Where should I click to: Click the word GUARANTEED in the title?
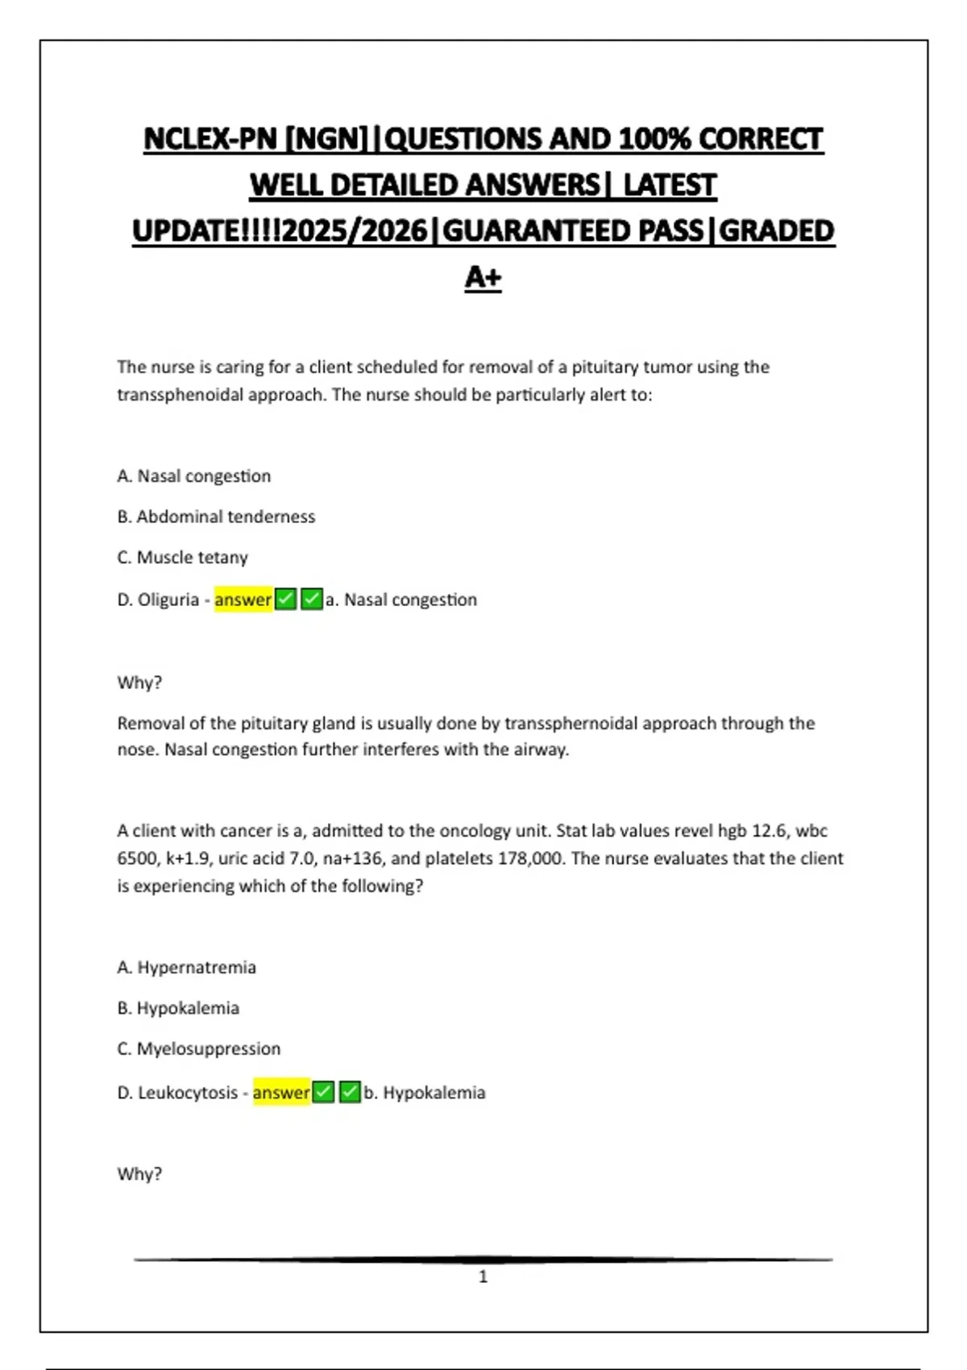pyautogui.click(x=572, y=231)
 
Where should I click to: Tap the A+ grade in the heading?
pyautogui.click(x=483, y=277)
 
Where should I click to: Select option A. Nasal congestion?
pyautogui.click(x=194, y=476)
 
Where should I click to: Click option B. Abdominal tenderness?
pyautogui.click(x=216, y=517)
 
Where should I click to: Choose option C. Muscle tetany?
pyautogui.click(x=183, y=558)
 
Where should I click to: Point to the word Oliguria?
pyautogui.click(x=168, y=600)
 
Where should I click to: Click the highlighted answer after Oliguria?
pyautogui.click(x=243, y=600)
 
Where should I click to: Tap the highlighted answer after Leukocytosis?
pyautogui.click(x=281, y=1093)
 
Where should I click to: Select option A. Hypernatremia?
pyautogui.click(x=186, y=967)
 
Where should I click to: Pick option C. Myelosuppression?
pyautogui.click(x=199, y=1048)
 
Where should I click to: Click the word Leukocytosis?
pyautogui.click(x=188, y=1093)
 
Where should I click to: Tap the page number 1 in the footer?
pyautogui.click(x=483, y=1277)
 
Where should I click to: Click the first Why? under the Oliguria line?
pyautogui.click(x=139, y=683)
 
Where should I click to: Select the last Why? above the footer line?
pyautogui.click(x=139, y=1174)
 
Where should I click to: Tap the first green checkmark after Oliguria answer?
pyautogui.click(x=286, y=600)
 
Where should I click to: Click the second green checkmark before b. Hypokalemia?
pyautogui.click(x=350, y=1093)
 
